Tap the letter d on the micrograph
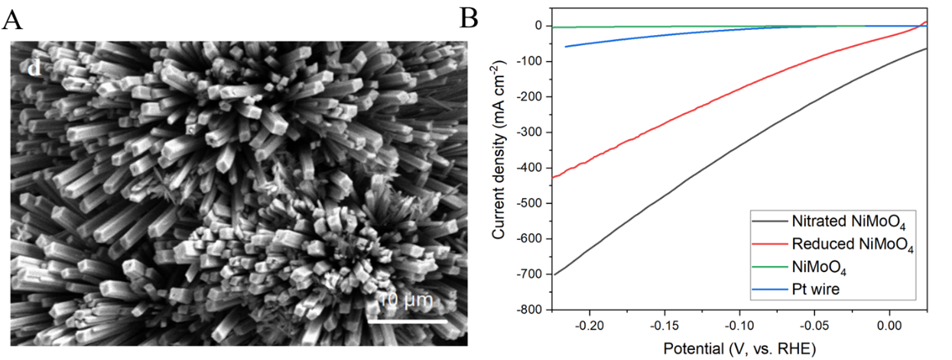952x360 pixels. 34,69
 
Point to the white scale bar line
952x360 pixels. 407,321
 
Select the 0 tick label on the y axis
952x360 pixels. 538,26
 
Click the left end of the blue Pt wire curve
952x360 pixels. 565,47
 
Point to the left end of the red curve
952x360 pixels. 553,178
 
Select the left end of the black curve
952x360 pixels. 553,274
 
